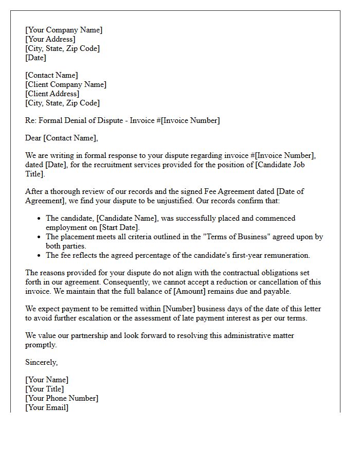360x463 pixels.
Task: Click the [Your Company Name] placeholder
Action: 64,30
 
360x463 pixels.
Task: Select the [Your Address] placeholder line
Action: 50,39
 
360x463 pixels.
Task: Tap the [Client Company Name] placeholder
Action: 66,84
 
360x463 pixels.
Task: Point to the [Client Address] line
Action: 52,94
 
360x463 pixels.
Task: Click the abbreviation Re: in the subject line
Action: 31,120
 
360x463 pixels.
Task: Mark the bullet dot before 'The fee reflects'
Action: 39,255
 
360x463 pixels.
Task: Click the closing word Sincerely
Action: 41,362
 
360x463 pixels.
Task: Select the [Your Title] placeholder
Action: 45,389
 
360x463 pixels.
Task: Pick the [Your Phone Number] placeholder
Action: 62,398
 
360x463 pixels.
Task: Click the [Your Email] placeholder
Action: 47,407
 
